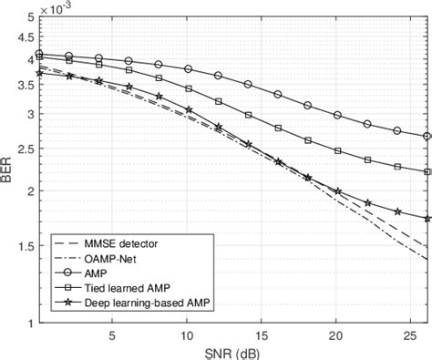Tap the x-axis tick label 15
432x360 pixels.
262,335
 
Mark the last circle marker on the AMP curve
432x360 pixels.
427,136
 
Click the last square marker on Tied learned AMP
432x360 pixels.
427,171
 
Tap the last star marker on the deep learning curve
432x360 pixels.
427,218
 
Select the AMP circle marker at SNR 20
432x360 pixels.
337,115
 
